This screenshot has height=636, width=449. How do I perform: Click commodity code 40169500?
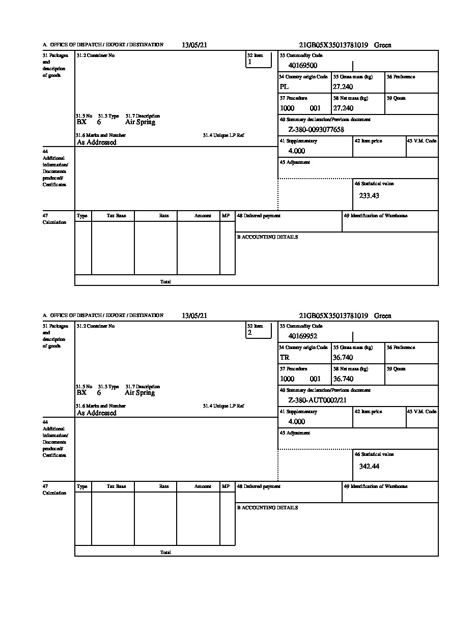click(303, 66)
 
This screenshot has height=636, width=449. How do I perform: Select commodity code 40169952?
click(303, 336)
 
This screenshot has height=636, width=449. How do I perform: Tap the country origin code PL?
click(284, 87)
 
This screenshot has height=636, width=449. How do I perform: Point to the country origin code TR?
click(285, 358)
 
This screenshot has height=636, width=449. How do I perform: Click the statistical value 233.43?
click(369, 195)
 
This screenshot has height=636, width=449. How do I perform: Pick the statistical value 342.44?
click(369, 466)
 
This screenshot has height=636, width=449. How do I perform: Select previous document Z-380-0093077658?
click(316, 130)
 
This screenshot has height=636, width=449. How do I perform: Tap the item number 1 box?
click(259, 60)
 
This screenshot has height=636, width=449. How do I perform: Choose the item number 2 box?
click(259, 330)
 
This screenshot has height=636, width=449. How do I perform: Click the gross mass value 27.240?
click(343, 87)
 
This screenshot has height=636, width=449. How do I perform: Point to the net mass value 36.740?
click(343, 379)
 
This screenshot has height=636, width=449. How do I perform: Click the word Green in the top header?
click(383, 45)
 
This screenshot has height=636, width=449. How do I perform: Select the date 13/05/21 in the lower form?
click(194, 316)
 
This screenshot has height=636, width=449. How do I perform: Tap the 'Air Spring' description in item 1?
click(140, 122)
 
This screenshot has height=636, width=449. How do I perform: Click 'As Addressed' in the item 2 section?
click(97, 413)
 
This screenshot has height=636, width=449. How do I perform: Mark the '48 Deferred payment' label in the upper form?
click(259, 216)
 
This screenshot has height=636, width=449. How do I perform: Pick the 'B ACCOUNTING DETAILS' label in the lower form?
click(267, 508)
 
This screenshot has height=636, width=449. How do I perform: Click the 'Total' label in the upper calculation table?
click(165, 282)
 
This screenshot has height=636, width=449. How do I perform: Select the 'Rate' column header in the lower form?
click(164, 486)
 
